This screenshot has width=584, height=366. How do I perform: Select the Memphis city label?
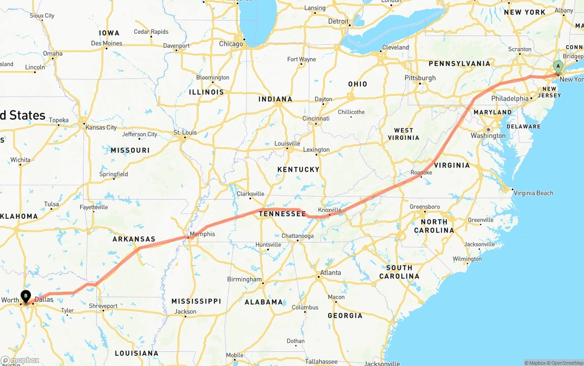pyautogui.click(x=202, y=234)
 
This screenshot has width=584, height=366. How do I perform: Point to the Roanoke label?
pyautogui.click(x=421, y=173)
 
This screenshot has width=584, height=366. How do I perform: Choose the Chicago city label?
pyautogui.click(x=231, y=44)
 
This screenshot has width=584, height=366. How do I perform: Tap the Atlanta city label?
pyautogui.click(x=330, y=273)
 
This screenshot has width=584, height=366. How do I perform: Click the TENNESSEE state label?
pyautogui.click(x=282, y=214)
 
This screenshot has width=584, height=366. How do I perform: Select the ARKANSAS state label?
pyautogui.click(x=134, y=239)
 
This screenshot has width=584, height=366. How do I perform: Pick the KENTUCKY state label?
pyautogui.click(x=298, y=170)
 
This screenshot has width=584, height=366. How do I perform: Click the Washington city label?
pyautogui.click(x=488, y=135)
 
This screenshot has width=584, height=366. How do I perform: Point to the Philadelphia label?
pyautogui.click(x=510, y=98)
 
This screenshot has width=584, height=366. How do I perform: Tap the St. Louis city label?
pyautogui.click(x=185, y=133)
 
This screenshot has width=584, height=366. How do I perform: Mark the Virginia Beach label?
pyautogui.click(x=533, y=193)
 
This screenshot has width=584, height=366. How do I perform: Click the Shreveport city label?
pyautogui.click(x=103, y=306)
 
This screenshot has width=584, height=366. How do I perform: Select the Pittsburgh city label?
pyautogui.click(x=420, y=78)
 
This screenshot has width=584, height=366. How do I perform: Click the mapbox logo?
pyautogui.click(x=20, y=360)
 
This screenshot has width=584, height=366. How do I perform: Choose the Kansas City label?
pyautogui.click(x=101, y=128)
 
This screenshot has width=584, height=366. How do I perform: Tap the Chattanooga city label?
pyautogui.click(x=297, y=236)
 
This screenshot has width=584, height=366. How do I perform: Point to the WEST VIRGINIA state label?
pyautogui.click(x=403, y=134)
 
